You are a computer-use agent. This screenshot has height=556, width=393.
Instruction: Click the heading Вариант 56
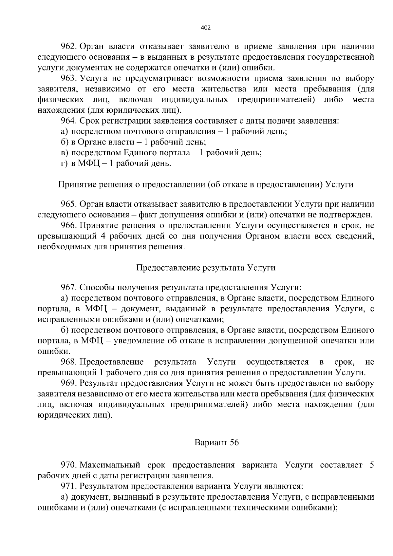tap(216, 443)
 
